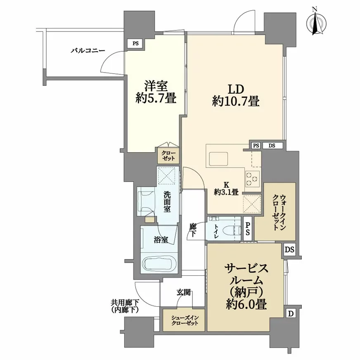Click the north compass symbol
coord(316,21)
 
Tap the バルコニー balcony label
coord(88,50)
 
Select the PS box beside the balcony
coord(136,43)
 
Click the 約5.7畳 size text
coord(156,99)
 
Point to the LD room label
coord(236,89)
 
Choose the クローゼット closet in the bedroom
coord(168,155)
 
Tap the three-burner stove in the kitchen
coord(252,178)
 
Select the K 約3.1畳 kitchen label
coord(226,189)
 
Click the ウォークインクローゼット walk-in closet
coord(279,212)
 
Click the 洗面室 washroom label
coord(167,201)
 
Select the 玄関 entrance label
coord(183,292)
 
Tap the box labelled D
coord(291,313)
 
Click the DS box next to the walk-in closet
coord(289,249)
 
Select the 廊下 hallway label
coord(193,230)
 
